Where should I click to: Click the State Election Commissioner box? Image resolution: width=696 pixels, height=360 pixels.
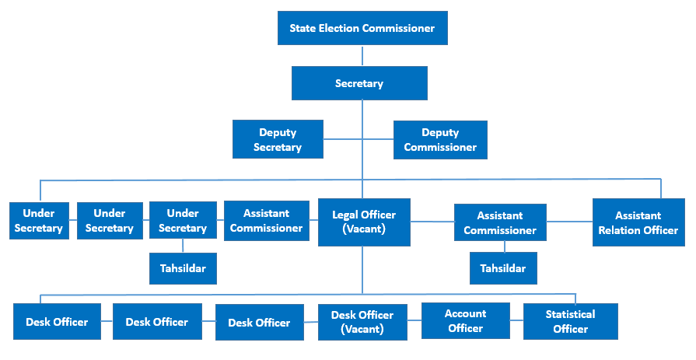[362, 29]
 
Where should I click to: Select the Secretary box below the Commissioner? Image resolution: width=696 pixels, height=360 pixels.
[359, 83]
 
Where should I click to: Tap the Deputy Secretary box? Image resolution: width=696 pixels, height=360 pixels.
[278, 140]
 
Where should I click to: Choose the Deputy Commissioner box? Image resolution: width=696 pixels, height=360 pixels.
[440, 140]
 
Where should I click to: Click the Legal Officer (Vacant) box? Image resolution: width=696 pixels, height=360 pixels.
[364, 222]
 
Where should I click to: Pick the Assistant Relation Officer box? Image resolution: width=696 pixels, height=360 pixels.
[638, 222]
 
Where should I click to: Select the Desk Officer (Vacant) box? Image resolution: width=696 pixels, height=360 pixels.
[362, 322]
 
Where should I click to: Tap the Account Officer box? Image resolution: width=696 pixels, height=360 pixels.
[466, 321]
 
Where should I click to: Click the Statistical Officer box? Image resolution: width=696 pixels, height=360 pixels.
[570, 321]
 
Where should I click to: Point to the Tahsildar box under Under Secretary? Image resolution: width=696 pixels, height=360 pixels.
[183, 268]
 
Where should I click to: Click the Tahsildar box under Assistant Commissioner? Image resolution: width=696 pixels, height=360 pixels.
[502, 268]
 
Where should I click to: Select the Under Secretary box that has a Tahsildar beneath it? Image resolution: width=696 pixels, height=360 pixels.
[183, 220]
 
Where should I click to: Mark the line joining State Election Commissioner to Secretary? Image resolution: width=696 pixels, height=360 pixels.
[362, 55]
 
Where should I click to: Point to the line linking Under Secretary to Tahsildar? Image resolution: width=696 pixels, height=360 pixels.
[183, 246]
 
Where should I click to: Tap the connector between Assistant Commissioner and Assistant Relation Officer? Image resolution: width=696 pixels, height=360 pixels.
[569, 222]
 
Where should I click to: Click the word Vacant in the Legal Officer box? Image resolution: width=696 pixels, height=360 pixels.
[364, 229]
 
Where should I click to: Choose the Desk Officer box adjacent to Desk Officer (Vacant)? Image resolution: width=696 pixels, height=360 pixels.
[259, 323]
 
